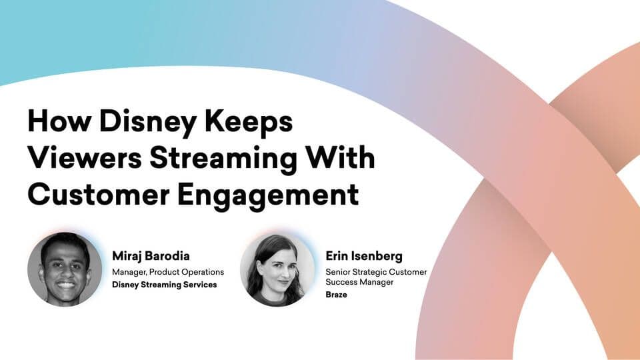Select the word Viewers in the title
[x=85, y=157]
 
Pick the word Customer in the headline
[x=99, y=194]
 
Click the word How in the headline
[x=59, y=121]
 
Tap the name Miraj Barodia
[x=151, y=256]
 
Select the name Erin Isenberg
[x=364, y=256]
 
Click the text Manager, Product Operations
[x=168, y=272]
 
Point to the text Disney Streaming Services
[x=165, y=285]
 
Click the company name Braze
[x=336, y=295]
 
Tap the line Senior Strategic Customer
[x=376, y=272]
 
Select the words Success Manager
[x=359, y=282]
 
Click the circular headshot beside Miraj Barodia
[x=65, y=269]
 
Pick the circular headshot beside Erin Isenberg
[x=277, y=270]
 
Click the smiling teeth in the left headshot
[x=65, y=285]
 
